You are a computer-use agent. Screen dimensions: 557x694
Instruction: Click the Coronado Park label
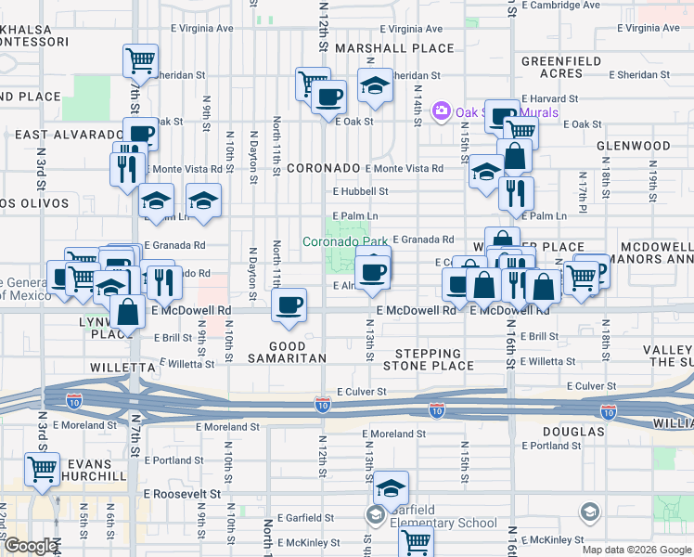(345, 241)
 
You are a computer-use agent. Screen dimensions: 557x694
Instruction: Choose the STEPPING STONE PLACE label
(428, 360)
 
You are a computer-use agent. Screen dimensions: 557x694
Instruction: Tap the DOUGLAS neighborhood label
(576, 432)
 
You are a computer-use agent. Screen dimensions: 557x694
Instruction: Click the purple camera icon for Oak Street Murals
(441, 112)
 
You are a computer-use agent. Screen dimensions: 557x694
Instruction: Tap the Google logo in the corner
(31, 546)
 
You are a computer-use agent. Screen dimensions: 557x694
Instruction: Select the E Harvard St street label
(549, 97)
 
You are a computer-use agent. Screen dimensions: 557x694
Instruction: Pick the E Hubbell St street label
(360, 191)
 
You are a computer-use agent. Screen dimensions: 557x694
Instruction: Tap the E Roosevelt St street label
(182, 495)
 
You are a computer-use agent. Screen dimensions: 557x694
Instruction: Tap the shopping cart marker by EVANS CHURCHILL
(42, 468)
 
